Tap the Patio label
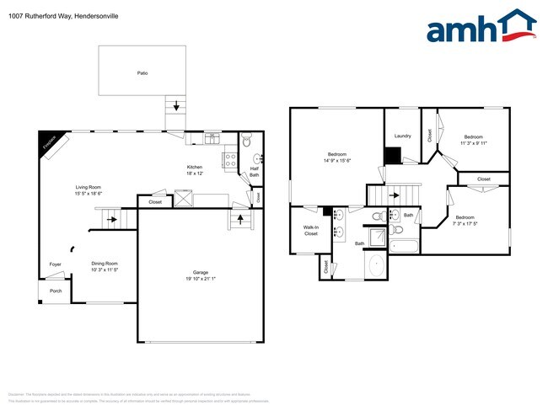pos(142,74)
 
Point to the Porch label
pos(56,291)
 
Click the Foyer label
pos(55,264)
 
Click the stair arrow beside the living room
pos(110,220)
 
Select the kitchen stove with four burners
pos(229,157)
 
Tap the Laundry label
pos(402,136)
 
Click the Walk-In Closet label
pos(311,230)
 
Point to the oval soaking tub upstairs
pos(377,267)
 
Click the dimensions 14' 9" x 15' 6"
pos(338,161)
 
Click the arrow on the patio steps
pos(175,106)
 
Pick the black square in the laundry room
pos(392,156)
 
